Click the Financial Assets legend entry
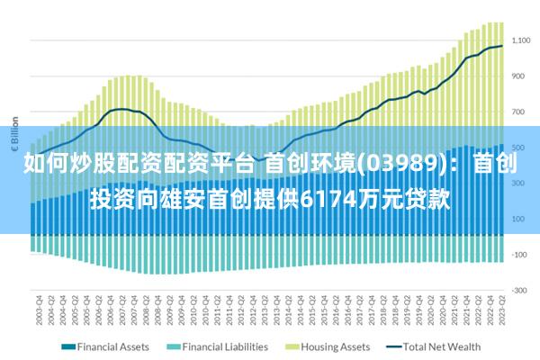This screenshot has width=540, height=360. [112, 346]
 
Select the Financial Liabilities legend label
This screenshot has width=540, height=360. [225, 346]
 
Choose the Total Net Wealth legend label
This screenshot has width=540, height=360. [442, 346]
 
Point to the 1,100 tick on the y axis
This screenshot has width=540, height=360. [522, 40]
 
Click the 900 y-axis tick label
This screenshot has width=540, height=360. [519, 76]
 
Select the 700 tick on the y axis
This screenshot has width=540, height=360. [519, 112]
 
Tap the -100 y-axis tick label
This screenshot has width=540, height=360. [519, 255]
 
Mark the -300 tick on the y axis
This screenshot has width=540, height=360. [519, 290]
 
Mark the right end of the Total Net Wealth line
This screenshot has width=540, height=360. [501, 46]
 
